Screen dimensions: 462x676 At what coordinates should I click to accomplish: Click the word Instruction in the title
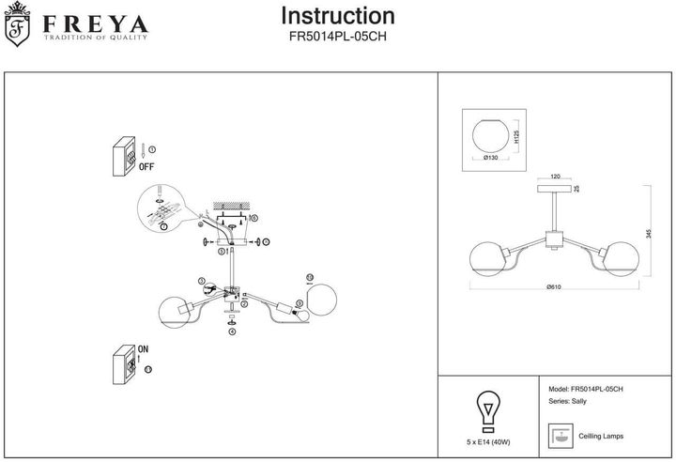tap(338, 16)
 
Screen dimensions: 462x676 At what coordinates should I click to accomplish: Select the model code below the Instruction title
tap(338, 38)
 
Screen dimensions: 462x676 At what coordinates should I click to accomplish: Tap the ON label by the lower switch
tap(144, 348)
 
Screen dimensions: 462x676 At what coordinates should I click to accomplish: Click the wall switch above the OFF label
tap(123, 158)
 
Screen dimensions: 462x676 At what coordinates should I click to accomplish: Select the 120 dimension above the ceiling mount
tap(555, 176)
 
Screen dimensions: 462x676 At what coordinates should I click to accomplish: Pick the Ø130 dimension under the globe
tap(489, 158)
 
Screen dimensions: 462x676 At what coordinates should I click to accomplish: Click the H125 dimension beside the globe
tap(517, 138)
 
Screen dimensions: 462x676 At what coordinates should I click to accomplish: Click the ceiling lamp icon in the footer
tap(559, 436)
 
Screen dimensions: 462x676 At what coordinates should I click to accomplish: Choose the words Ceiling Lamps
tap(601, 437)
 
